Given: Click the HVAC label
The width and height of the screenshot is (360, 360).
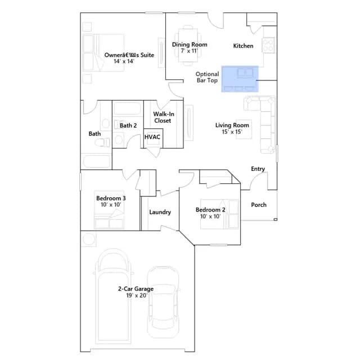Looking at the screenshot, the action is pyautogui.click(x=152, y=137).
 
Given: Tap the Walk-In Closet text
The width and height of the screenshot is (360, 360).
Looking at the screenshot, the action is pyautogui.click(x=164, y=118).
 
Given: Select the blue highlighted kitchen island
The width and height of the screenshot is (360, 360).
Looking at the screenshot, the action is pyautogui.click(x=240, y=79).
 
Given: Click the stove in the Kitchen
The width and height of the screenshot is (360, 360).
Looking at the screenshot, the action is pyautogui.click(x=268, y=45).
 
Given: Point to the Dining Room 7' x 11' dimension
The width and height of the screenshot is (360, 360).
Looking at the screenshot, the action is pyautogui.click(x=190, y=51).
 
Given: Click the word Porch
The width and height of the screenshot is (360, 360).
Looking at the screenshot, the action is pyautogui.click(x=259, y=205).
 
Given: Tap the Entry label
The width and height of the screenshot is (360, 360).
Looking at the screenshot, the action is pyautogui.click(x=258, y=169).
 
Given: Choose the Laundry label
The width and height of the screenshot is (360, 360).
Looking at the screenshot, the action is pyautogui.click(x=160, y=212).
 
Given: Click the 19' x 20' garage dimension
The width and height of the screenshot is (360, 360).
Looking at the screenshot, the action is pyautogui.click(x=137, y=295).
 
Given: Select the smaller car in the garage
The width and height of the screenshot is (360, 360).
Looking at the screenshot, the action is pyautogui.click(x=163, y=302).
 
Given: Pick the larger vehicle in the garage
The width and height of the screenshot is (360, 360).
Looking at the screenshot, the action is pyautogui.click(x=113, y=296).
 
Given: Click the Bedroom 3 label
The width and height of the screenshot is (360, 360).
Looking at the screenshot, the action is pyautogui.click(x=111, y=198).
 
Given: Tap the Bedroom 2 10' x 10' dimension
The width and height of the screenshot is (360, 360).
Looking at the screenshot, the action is pyautogui.click(x=210, y=216).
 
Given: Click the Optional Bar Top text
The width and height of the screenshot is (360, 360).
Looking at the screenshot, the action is pyautogui.click(x=207, y=77).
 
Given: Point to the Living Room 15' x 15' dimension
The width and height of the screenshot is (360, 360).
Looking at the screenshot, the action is pyautogui.click(x=232, y=132).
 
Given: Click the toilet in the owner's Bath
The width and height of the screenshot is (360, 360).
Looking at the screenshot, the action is pyautogui.click(x=102, y=142).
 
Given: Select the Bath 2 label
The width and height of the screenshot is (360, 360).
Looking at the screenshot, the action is pyautogui.click(x=128, y=125).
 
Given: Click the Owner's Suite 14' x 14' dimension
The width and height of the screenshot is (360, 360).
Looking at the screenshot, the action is pyautogui.click(x=124, y=61).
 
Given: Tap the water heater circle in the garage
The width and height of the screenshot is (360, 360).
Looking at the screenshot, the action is pyautogui.click(x=89, y=239).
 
